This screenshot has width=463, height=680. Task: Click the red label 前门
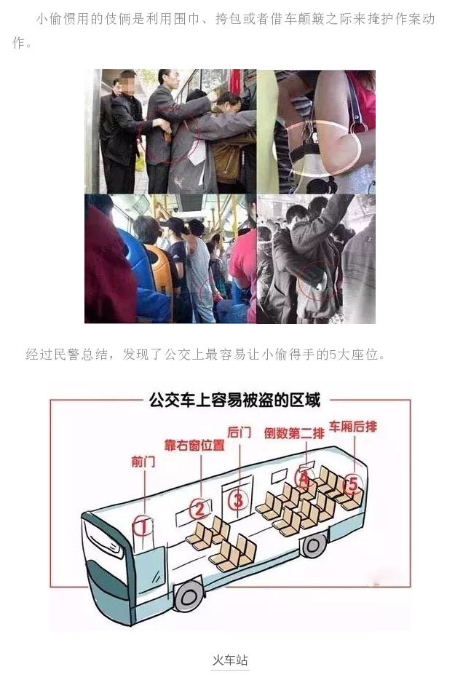click(x=143, y=462)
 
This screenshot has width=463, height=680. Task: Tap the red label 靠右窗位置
click(x=194, y=446)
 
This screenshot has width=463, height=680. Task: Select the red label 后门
click(x=240, y=432)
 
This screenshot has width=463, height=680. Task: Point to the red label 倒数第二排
click(x=294, y=432)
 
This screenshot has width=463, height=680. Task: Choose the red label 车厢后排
click(x=353, y=427)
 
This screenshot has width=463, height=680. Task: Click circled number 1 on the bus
click(x=143, y=526)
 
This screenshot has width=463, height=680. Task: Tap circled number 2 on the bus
click(x=199, y=508)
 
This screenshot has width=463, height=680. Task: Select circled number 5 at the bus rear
click(x=352, y=483)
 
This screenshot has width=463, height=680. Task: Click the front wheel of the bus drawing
click(x=189, y=596)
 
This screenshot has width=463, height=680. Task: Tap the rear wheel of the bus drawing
click(x=314, y=546)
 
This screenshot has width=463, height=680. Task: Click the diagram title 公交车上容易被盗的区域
click(x=234, y=400)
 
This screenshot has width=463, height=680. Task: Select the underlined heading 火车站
click(x=230, y=660)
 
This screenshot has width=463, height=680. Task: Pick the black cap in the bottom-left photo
click(x=173, y=224)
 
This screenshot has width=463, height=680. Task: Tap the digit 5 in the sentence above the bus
click(x=333, y=355)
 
